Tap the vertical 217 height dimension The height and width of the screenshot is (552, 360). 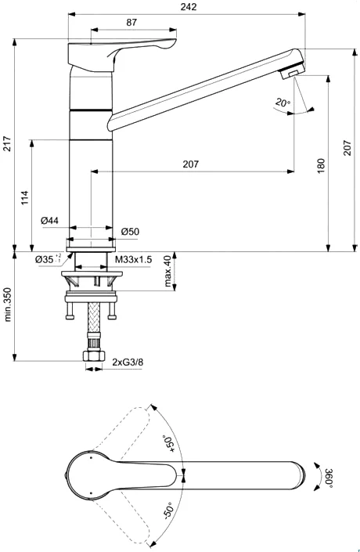pos(7,144)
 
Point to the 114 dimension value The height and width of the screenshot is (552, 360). pos(25,197)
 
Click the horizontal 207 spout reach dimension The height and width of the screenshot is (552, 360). pos(190,164)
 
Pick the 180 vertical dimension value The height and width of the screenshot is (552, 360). pos(320,166)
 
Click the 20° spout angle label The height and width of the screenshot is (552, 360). pos(283,103)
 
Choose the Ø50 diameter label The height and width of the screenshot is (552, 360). pos(130,231)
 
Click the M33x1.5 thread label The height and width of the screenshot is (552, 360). pos(134,259)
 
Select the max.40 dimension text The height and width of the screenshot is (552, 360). pos(168,271)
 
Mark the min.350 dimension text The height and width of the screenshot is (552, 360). pos(7,305)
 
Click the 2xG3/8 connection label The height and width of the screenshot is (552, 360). pos(128,363)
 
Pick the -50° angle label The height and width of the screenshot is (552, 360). pos(167,511)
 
